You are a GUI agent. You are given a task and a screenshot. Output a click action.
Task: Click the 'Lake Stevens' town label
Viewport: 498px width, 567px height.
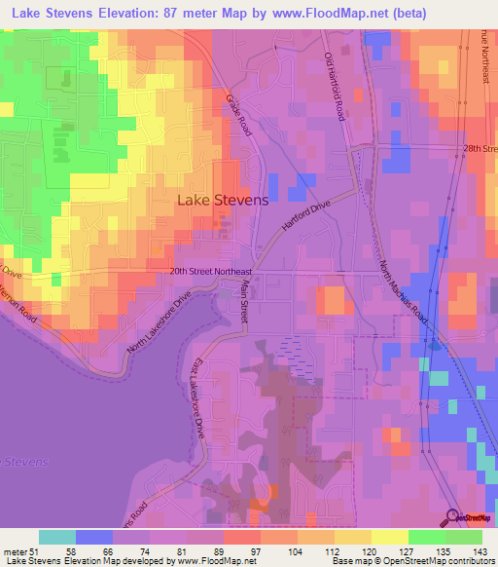222,200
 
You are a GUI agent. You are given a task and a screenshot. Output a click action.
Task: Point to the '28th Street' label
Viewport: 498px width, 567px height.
479,148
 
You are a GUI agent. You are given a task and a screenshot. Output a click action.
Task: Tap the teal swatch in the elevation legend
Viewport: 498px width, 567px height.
57,537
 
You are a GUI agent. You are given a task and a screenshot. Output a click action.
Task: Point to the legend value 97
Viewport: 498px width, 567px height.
253,551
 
